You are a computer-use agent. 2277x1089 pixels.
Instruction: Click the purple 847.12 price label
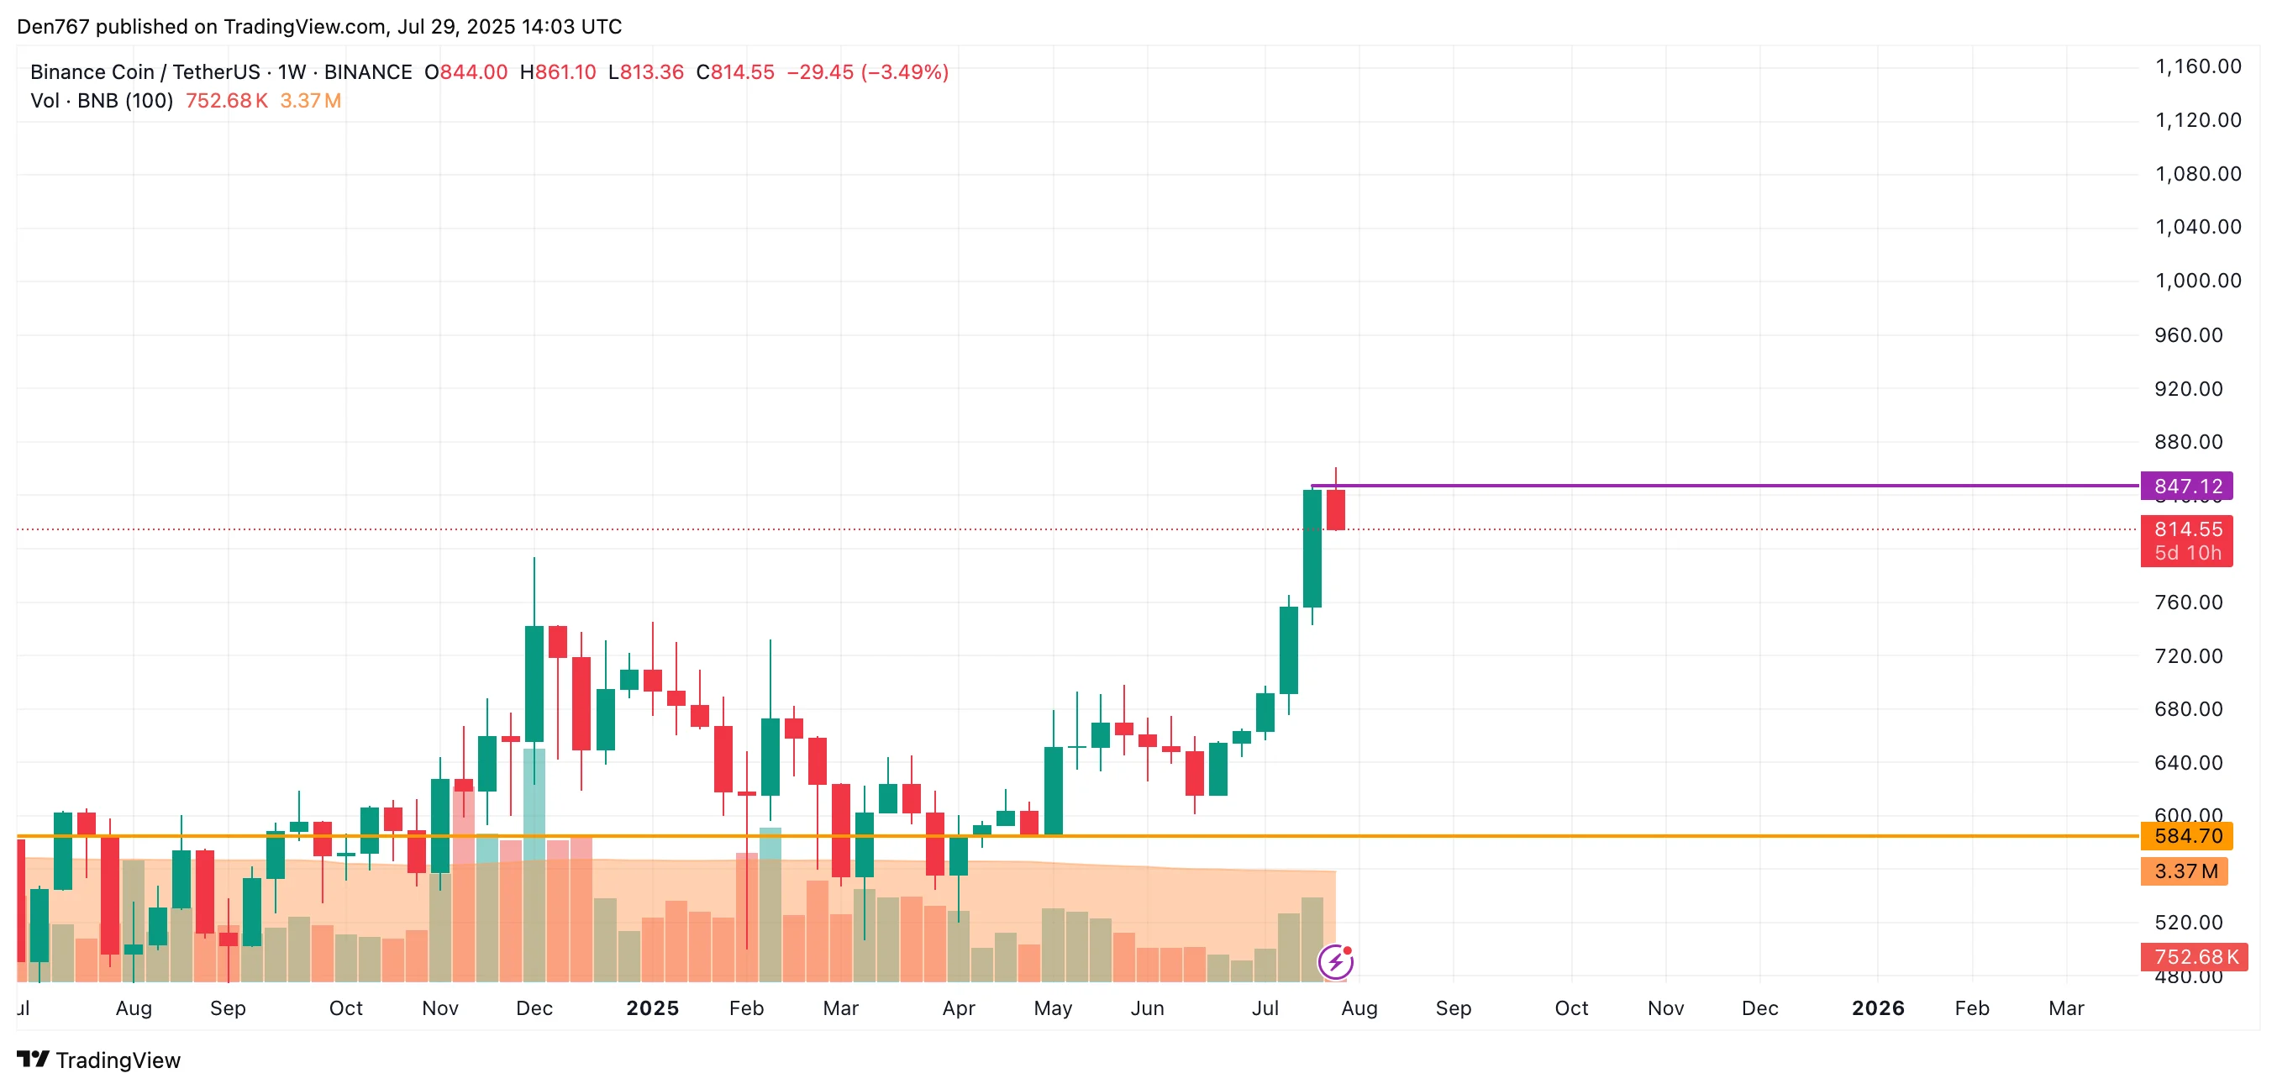coord(2186,487)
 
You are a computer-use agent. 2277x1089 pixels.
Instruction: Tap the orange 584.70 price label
coord(2186,836)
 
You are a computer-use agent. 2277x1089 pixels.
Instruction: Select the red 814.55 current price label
coord(2186,530)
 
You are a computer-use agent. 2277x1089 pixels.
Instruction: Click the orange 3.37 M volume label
coord(2183,871)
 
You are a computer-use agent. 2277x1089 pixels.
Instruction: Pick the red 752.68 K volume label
coord(2193,957)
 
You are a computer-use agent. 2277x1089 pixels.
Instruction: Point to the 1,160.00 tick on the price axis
coord(2196,66)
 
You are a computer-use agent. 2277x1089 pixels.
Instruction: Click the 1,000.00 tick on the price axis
coord(2196,281)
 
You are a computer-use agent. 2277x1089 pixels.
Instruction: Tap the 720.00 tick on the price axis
coord(2188,656)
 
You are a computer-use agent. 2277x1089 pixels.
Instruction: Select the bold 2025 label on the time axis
coord(652,1008)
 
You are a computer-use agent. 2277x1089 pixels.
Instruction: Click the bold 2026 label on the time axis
coord(1877,1008)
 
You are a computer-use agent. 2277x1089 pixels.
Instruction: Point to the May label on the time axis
coord(1053,1008)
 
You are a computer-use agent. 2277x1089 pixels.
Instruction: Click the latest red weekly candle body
coord(1336,510)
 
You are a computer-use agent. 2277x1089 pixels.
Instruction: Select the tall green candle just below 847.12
coord(1312,548)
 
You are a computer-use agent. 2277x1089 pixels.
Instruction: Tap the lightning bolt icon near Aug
coord(1335,962)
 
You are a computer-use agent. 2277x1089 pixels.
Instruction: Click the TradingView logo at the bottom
coord(99,1060)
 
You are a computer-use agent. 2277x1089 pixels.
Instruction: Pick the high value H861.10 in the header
coord(558,72)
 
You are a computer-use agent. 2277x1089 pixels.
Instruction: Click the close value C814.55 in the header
coord(734,72)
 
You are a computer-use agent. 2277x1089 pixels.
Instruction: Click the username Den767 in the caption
coord(53,27)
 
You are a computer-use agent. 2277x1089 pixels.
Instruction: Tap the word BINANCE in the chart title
coord(368,72)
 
